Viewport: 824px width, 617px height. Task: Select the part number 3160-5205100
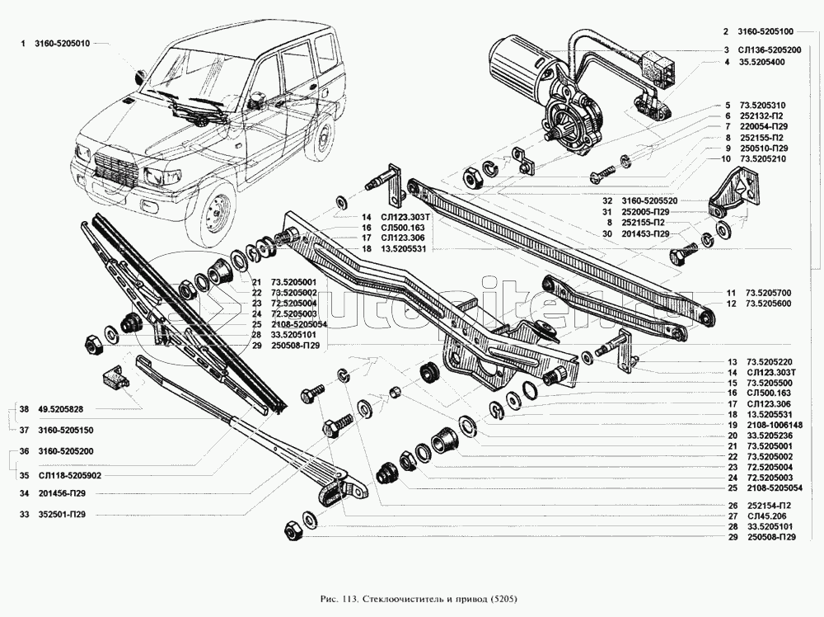click(x=766, y=32)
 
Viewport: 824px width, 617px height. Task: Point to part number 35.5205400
click(x=761, y=62)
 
